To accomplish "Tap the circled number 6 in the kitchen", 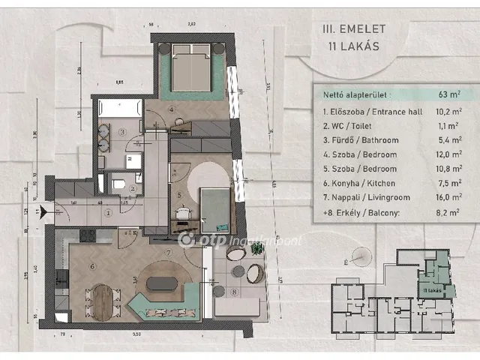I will tap(94, 265).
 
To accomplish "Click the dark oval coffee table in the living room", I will tap(161, 285).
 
